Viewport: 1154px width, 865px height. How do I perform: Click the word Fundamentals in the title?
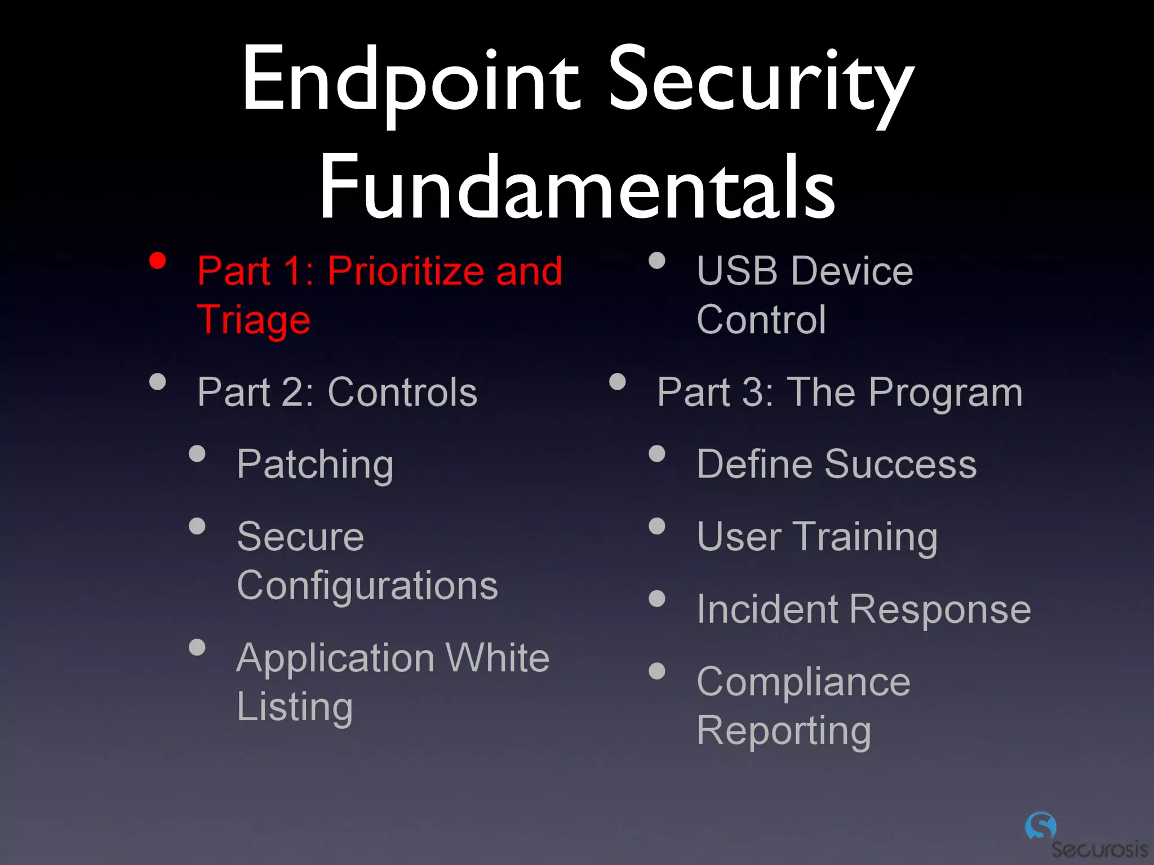pos(577,188)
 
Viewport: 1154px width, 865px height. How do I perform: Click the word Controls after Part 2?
pos(402,393)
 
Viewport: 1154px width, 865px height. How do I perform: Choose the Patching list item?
pos(314,465)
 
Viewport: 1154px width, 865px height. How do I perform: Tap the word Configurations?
pos(367,586)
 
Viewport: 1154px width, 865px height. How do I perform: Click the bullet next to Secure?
pos(197,527)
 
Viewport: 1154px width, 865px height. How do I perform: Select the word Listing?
pos(295,707)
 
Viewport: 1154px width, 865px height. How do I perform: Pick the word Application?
pos(336,658)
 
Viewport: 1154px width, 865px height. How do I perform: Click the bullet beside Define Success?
pos(657,454)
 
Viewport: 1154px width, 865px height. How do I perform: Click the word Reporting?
pos(784,731)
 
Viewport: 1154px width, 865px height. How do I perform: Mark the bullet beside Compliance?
pos(657,671)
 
